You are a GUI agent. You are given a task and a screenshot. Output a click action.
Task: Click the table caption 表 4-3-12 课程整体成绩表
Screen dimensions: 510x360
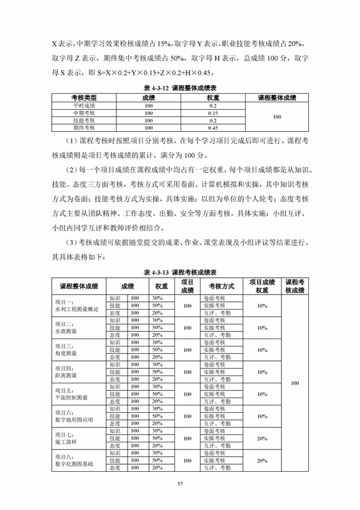(x=180, y=89)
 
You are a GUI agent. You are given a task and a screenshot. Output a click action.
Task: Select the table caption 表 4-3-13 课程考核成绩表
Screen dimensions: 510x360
(x=180, y=272)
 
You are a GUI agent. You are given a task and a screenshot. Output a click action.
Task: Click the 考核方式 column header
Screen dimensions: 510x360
(x=221, y=286)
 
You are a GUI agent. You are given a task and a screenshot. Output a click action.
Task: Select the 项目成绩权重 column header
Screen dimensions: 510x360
(x=262, y=286)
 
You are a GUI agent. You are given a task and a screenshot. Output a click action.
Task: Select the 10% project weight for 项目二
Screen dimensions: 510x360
(x=262, y=328)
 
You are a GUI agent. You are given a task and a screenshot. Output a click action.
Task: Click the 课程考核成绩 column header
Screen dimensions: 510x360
(x=295, y=286)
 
